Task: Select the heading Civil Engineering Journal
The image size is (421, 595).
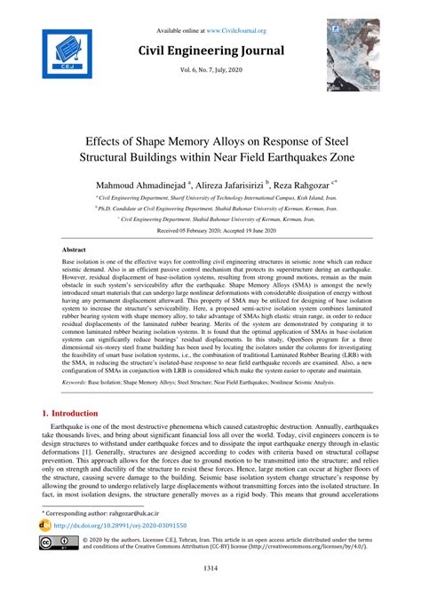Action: (x=210, y=51)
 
